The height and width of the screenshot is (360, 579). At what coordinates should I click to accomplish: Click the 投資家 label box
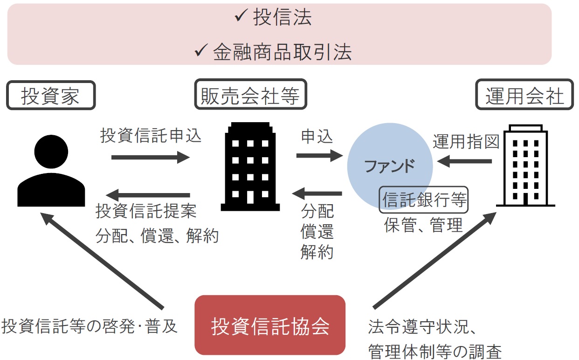51,95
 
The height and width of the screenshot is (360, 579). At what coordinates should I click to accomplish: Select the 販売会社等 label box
250,94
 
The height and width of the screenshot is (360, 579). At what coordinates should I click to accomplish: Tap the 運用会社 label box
524,95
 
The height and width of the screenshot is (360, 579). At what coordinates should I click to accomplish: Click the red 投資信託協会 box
270,325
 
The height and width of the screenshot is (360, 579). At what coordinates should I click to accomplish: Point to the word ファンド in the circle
390,166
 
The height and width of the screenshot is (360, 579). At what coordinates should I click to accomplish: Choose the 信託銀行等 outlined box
424,200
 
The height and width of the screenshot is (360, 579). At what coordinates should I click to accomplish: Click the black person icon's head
51,152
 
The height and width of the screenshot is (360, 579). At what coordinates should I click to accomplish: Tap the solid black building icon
250,166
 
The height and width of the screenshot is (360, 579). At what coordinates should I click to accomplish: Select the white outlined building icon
525,166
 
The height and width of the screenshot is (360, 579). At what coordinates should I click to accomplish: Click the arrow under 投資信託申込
151,157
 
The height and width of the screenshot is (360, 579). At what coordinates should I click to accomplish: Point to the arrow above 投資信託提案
148,195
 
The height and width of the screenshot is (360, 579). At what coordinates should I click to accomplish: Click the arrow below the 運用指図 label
464,161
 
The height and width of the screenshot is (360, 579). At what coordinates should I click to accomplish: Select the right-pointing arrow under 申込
319,155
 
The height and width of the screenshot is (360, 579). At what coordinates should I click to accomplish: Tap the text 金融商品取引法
282,52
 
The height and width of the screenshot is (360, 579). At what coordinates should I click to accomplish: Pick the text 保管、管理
423,225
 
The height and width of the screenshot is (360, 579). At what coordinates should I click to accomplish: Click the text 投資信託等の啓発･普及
90,326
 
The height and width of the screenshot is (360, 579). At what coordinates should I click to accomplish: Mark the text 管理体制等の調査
435,352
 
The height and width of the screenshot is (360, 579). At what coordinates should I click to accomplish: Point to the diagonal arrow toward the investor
103,261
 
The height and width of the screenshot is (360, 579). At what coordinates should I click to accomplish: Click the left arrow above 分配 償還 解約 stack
317,194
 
